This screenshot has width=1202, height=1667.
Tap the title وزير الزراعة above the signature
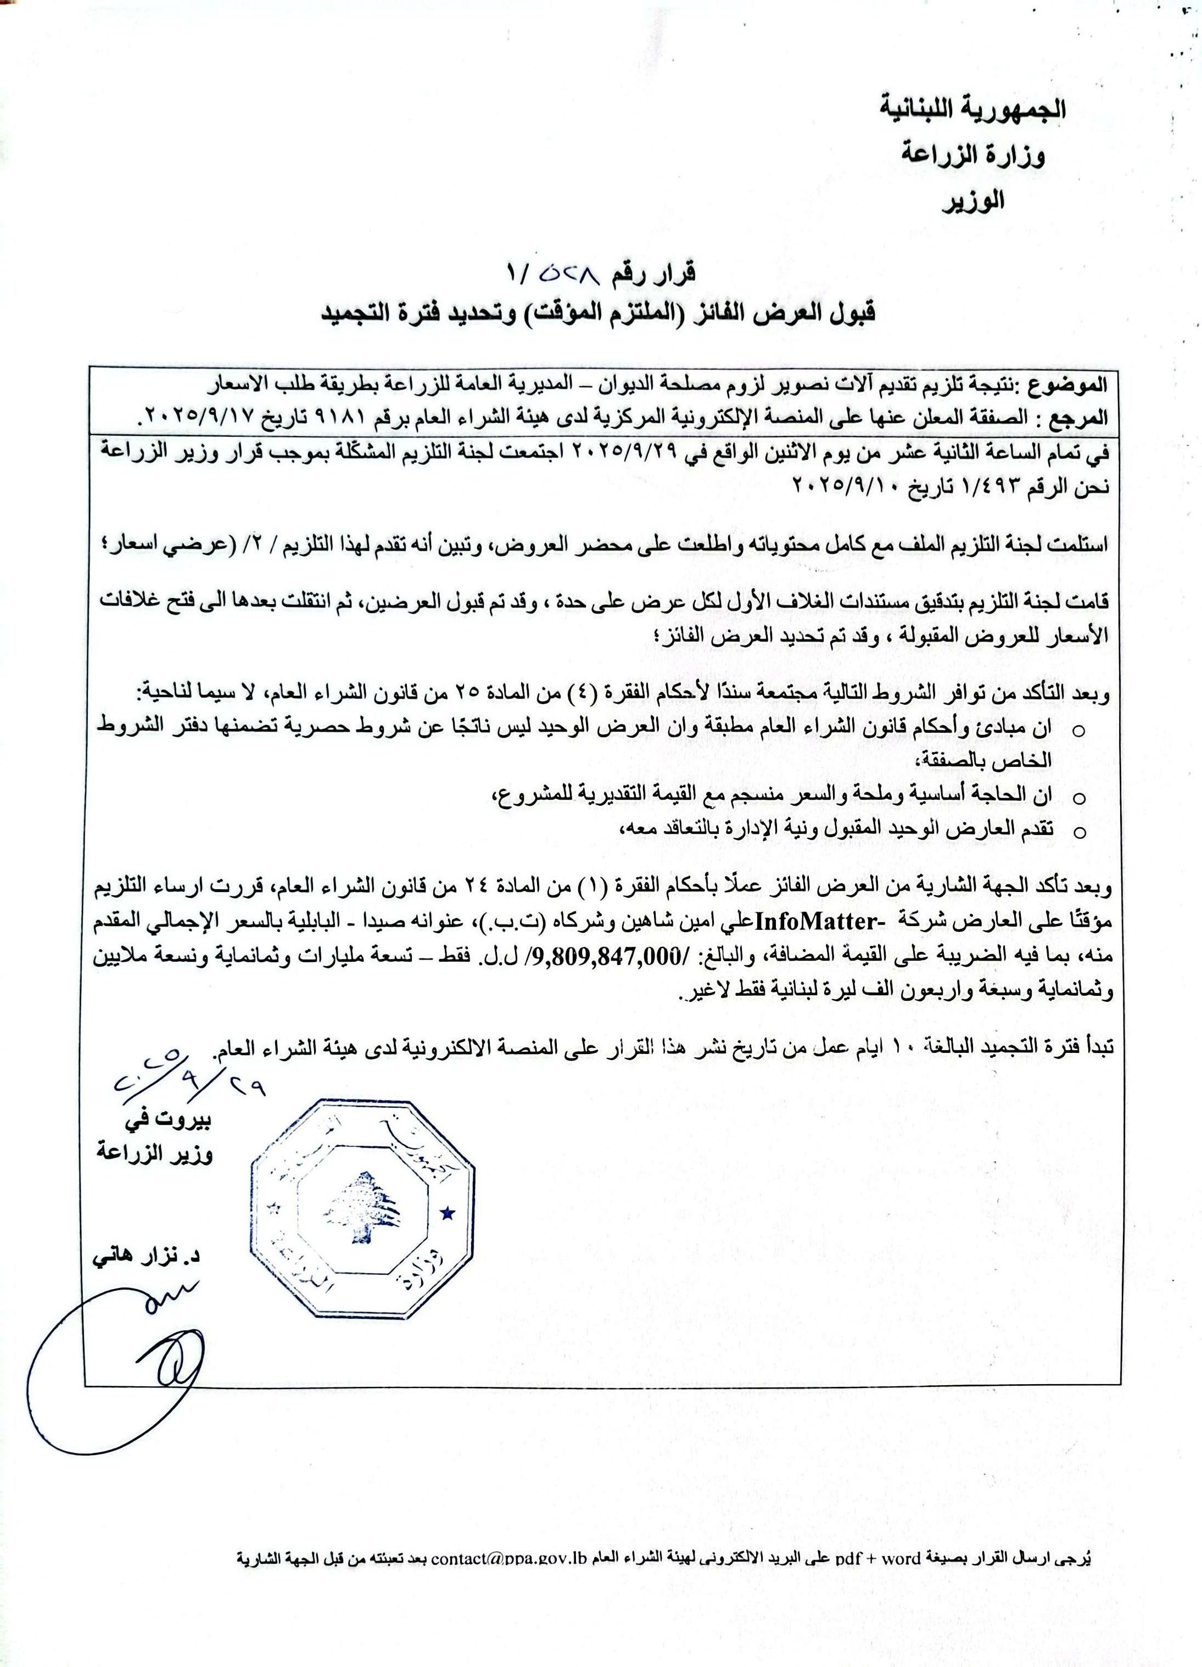[x=154, y=1156]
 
